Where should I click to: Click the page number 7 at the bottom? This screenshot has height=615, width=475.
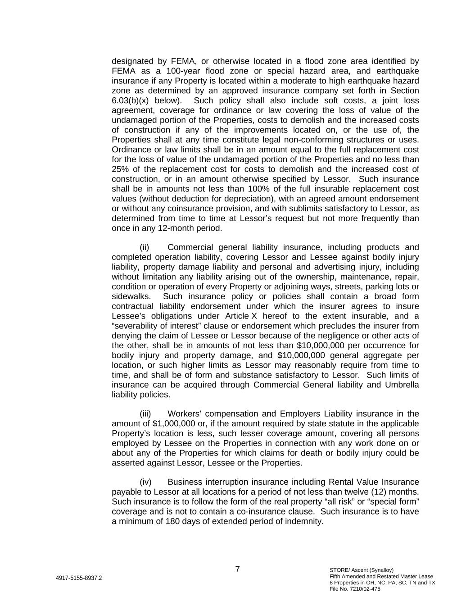coord(237,569)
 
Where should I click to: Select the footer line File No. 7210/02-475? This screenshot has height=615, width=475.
coord(355,589)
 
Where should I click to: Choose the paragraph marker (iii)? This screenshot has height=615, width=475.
coord(145,414)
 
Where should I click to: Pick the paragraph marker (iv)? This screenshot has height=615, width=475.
coord(145,483)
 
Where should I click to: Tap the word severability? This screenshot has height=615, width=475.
coord(136,326)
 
